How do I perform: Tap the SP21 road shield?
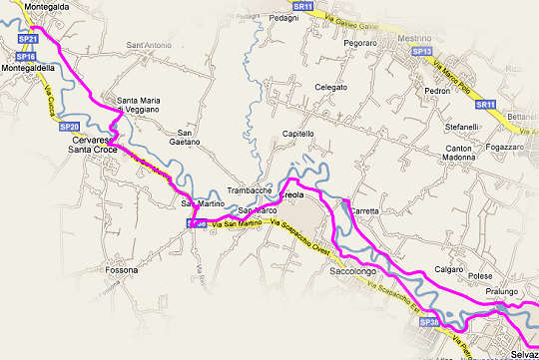pyautogui.click(x=29, y=39)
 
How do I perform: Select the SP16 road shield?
pyautogui.click(x=26, y=57)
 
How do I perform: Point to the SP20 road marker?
pyautogui.click(x=70, y=127)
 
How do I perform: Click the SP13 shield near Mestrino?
pyautogui.click(x=421, y=51)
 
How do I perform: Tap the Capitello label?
pyautogui.click(x=298, y=133)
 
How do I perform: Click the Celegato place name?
pyautogui.click(x=330, y=88)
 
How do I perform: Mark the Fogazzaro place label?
pyautogui.click(x=506, y=147)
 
